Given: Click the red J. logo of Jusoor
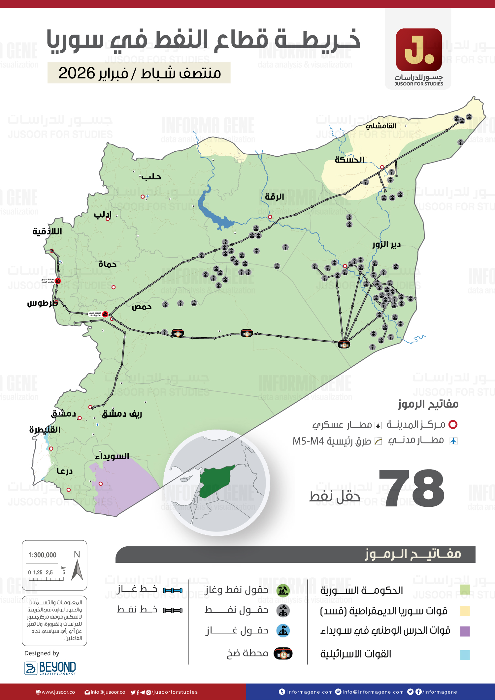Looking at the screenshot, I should click(x=419, y=50).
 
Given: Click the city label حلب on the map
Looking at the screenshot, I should click(x=151, y=177).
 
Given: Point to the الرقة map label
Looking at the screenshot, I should click(x=274, y=197).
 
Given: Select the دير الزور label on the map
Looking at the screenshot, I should click(x=386, y=244).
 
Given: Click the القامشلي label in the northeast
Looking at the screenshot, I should click(x=381, y=126).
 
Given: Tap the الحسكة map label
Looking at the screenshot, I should click(x=349, y=160).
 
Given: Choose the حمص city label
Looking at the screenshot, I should click(x=142, y=307).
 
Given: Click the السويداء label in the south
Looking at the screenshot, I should click(x=112, y=456).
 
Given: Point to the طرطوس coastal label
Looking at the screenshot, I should click(x=42, y=303).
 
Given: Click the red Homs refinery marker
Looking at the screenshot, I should click(x=105, y=314).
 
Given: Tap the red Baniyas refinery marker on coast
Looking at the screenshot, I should click(x=58, y=281).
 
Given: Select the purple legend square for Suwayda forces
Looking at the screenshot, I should click(x=465, y=631).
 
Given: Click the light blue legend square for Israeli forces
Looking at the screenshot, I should click(x=465, y=655).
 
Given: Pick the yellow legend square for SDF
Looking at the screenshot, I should click(x=465, y=611).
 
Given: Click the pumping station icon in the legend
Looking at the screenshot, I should click(x=283, y=653).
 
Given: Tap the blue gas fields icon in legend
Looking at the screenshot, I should click(x=283, y=631).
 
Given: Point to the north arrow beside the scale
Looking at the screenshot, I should click(x=77, y=570).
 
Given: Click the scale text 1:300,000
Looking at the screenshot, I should click(x=42, y=555).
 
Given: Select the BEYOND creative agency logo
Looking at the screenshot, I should click(x=50, y=668).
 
